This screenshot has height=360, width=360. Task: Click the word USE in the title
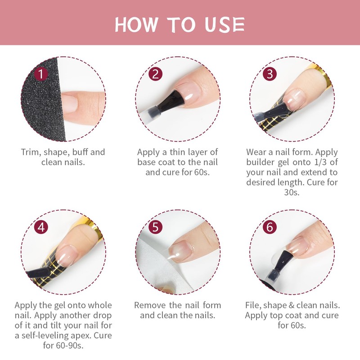tap(225, 24)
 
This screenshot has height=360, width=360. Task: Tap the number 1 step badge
tap(41, 74)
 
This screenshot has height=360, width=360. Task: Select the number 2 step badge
tap(155, 74)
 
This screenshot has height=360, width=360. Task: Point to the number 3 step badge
tap(270, 74)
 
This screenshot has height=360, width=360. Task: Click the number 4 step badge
tap(41, 227)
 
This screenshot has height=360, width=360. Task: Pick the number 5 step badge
tap(155, 227)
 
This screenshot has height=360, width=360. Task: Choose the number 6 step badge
tap(270, 227)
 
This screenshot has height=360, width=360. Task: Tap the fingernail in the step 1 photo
tap(69, 104)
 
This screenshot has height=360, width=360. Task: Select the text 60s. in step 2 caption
tap(202, 172)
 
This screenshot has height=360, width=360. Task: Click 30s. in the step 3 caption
tap(292, 192)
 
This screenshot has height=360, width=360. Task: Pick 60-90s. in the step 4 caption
tap(63, 345)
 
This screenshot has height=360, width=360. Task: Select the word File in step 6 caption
tap(253, 306)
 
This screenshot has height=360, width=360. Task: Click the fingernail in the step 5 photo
tap(181, 251)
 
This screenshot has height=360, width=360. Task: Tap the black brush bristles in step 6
tap(283, 261)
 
